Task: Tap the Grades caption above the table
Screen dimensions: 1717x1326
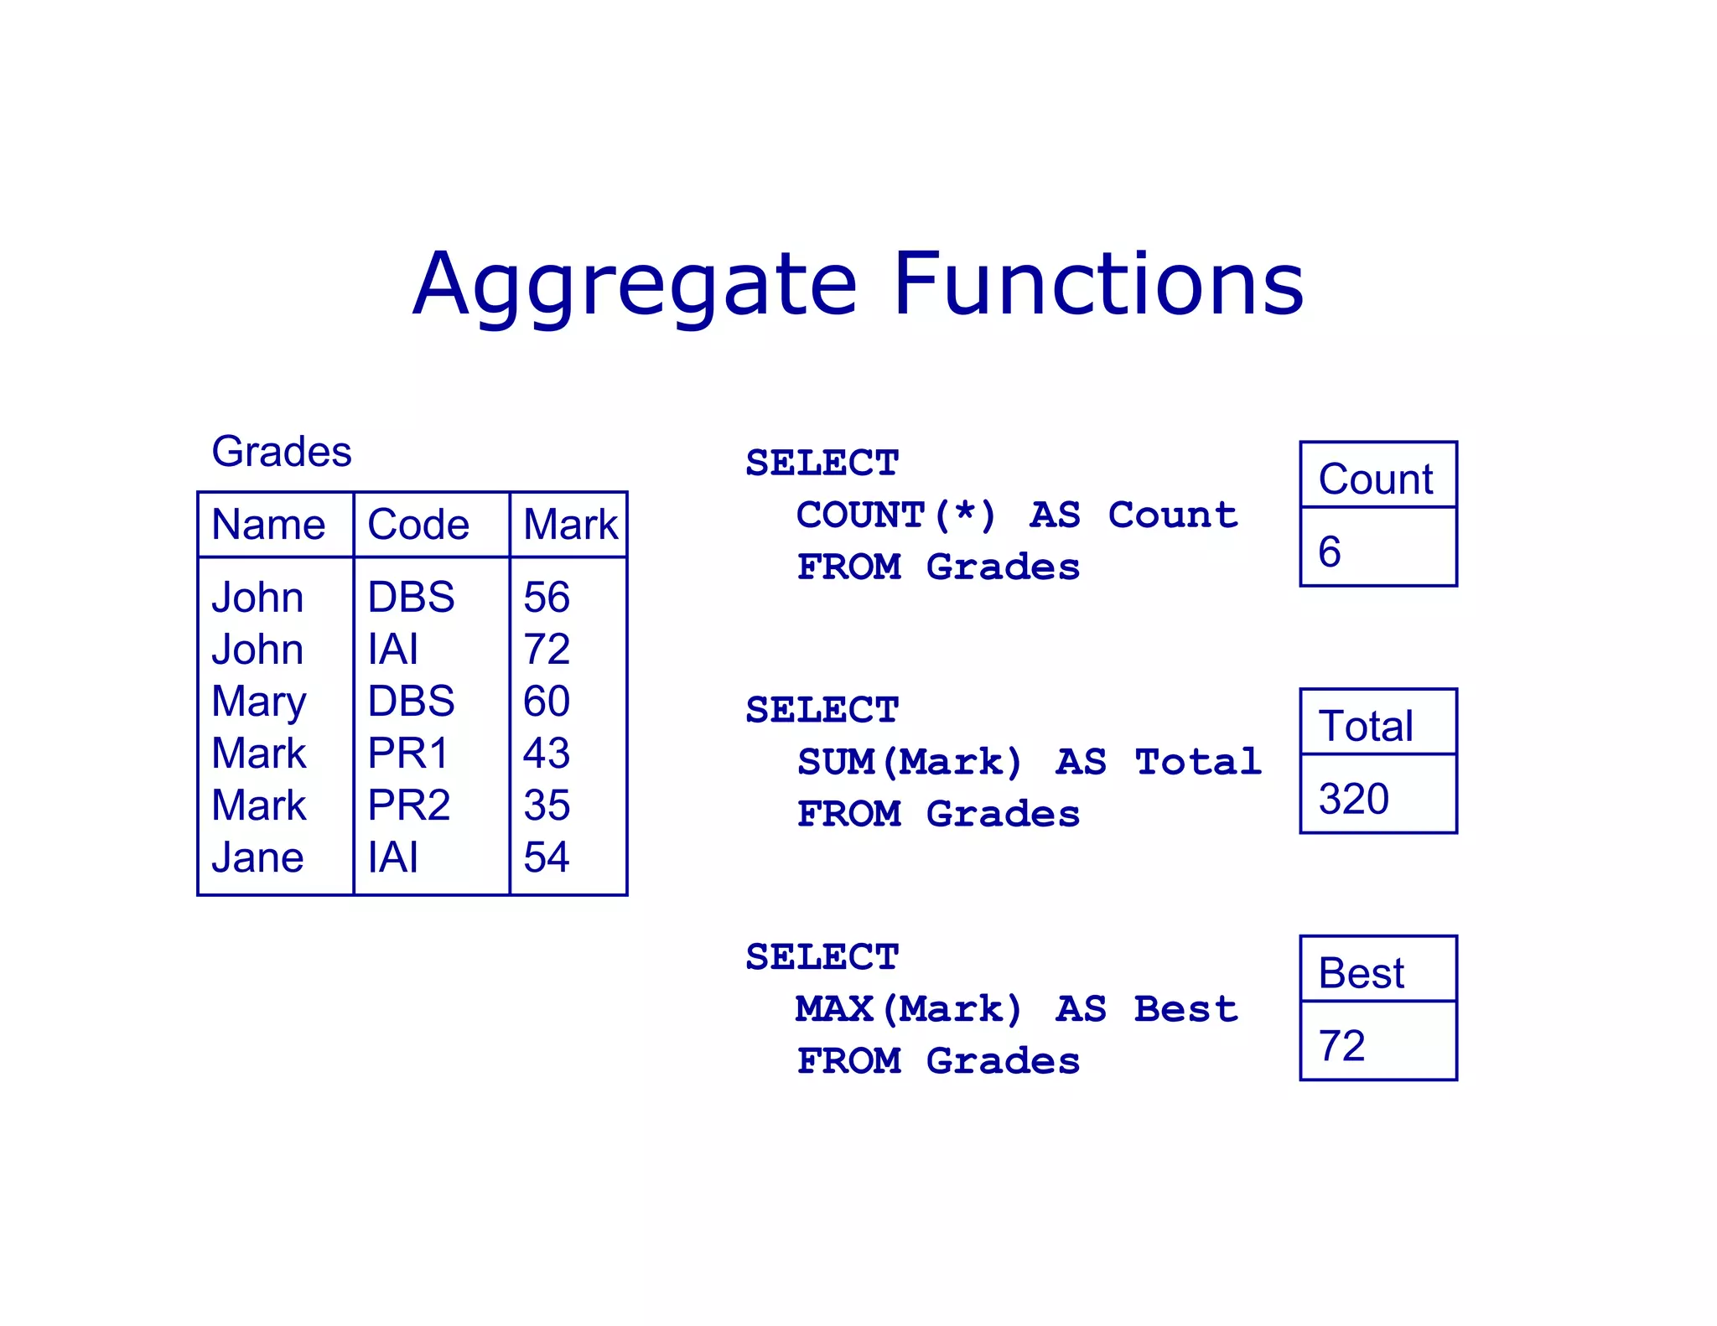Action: click(281, 452)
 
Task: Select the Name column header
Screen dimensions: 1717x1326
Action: click(268, 525)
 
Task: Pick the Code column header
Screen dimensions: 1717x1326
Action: click(418, 525)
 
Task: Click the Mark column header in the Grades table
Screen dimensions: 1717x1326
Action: click(570, 525)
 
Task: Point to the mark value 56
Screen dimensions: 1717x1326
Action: click(547, 598)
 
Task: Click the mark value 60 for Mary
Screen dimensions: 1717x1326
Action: click(547, 701)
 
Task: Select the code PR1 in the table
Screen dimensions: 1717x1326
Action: click(408, 753)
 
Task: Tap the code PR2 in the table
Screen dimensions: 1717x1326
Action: click(409, 805)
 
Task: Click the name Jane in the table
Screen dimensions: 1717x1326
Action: click(257, 857)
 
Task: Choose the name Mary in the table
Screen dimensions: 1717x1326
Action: click(259, 702)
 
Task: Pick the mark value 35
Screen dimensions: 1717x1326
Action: click(547, 805)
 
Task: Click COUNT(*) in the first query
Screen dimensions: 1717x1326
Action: click(896, 515)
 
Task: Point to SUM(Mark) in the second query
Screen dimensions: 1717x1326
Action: click(910, 762)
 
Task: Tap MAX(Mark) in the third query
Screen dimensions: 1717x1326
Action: click(910, 1009)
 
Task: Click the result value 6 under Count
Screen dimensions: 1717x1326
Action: click(1330, 552)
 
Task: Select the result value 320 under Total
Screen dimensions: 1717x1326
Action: click(1353, 799)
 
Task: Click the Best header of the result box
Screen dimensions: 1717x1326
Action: click(1361, 973)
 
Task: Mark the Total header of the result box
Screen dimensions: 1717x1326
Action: click(1366, 726)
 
